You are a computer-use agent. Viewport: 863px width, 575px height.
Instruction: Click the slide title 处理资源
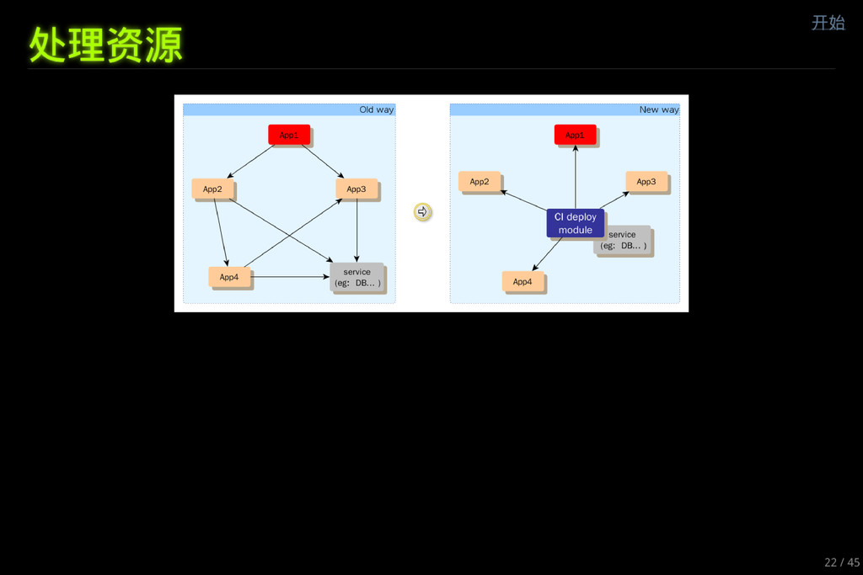(x=106, y=45)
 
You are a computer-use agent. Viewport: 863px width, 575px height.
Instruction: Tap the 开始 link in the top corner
(x=828, y=23)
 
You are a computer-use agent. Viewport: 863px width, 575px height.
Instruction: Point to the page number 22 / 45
(x=841, y=562)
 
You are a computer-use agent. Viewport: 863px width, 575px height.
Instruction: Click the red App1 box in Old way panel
(x=289, y=135)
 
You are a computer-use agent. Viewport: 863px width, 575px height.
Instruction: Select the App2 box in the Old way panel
(x=212, y=189)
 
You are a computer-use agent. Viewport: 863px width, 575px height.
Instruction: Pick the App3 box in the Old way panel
(x=356, y=189)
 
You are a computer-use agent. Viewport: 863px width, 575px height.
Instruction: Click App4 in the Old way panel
(x=229, y=277)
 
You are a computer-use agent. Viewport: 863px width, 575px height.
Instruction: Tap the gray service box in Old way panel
(x=356, y=277)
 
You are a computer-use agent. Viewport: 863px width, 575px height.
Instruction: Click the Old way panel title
(x=376, y=109)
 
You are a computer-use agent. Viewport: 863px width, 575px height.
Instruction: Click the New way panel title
(x=658, y=109)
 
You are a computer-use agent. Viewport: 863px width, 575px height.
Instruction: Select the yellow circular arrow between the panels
(x=423, y=212)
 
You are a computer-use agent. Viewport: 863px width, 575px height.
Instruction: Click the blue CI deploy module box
(x=575, y=223)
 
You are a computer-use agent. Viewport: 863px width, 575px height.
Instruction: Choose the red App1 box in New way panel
(x=575, y=135)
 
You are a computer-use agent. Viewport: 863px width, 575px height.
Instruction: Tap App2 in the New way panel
(x=480, y=182)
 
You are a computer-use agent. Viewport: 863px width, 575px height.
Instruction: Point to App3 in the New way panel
(x=646, y=182)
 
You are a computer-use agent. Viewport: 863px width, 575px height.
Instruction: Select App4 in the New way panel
(x=523, y=281)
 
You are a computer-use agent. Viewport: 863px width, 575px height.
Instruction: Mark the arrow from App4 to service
(x=291, y=277)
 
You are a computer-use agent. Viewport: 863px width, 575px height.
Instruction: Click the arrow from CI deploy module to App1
(x=576, y=177)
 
